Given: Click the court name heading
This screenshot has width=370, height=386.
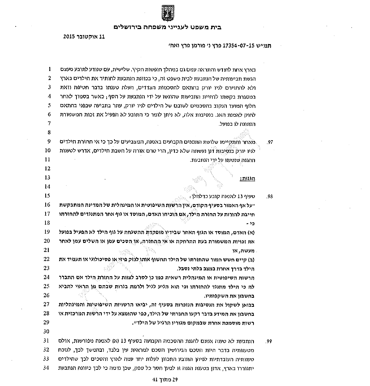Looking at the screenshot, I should click(167, 27).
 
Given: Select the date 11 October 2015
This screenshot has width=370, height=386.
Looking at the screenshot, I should click(84, 36).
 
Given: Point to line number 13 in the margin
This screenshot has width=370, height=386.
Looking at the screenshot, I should click(47, 178).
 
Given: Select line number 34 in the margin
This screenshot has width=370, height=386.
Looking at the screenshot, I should click(47, 368).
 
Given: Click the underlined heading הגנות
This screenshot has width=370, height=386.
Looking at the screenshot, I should click(248, 179).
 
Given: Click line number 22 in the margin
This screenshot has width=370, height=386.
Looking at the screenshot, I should click(47, 259).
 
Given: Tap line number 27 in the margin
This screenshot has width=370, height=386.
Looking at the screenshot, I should click(47, 304).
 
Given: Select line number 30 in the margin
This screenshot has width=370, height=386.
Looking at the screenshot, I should click(47, 331).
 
